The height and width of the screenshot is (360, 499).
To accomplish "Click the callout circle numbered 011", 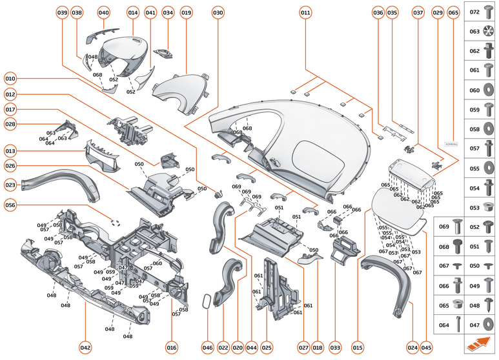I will (x=305, y=12).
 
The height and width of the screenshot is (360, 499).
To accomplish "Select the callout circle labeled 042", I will (x=85, y=347).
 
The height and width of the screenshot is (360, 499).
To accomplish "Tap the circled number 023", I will (x=10, y=185).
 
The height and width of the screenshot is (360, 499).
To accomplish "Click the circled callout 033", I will (x=335, y=347).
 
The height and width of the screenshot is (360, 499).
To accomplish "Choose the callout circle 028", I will (x=10, y=123).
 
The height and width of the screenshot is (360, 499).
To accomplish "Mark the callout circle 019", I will (x=187, y=12).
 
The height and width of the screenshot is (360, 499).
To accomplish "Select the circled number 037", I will (x=418, y=12).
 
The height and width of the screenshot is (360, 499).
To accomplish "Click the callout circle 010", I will (x=10, y=79).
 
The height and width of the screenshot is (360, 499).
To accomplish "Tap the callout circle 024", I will (x=412, y=347).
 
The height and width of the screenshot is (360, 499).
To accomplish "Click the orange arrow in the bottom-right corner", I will (x=478, y=343).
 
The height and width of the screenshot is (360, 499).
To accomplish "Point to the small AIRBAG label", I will (x=451, y=145).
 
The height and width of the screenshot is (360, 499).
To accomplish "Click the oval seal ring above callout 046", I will (x=207, y=301).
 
